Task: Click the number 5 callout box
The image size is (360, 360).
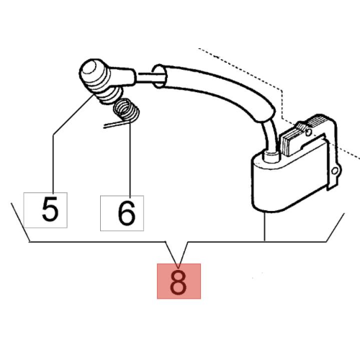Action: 45,210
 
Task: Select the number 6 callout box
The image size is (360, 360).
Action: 122,213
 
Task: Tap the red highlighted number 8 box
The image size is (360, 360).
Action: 179,282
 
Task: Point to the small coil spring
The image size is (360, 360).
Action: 126,111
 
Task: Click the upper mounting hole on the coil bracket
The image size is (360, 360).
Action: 309,131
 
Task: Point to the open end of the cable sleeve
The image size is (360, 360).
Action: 159,76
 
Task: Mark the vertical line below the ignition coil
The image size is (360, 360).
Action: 264,226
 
